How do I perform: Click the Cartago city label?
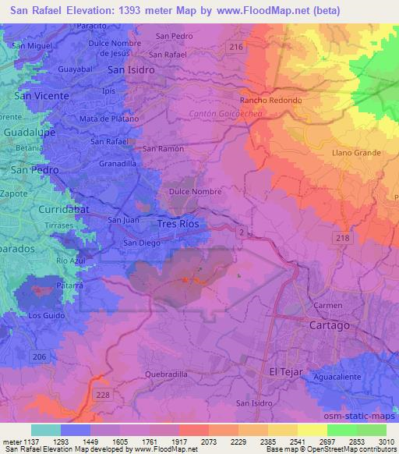[329, 325]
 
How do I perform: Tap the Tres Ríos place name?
[178, 224]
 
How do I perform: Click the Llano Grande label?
[353, 153]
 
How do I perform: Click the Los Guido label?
[44, 315]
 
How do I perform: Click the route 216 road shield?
[237, 48]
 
